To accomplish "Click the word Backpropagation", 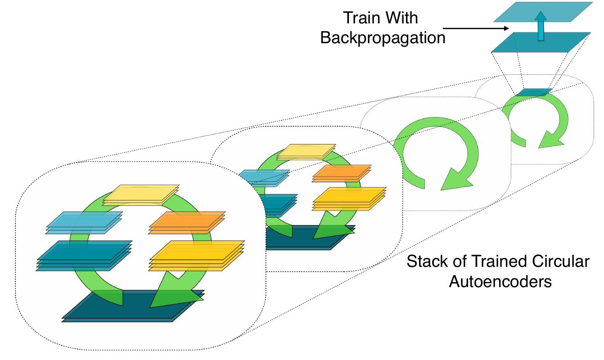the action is (x=383, y=37).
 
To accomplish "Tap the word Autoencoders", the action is (x=500, y=282).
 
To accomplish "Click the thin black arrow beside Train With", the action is (x=476, y=28).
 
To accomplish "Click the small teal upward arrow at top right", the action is (x=541, y=26).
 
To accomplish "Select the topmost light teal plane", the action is (x=543, y=12).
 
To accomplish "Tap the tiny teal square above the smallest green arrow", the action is (x=534, y=92).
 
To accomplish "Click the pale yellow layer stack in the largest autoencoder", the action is (x=141, y=195).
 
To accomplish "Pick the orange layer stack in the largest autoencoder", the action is (x=187, y=223).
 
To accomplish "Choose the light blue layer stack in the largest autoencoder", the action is (x=84, y=222).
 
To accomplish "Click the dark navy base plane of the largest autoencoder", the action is (x=133, y=306).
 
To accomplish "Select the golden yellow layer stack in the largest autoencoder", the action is (x=197, y=255).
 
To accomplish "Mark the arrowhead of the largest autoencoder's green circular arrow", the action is (x=172, y=291).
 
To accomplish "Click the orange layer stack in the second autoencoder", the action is (x=342, y=173).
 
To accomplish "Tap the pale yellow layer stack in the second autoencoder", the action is (x=307, y=152).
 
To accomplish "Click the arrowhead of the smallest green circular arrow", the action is (x=550, y=140).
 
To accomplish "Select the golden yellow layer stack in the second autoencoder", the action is (x=349, y=199).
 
